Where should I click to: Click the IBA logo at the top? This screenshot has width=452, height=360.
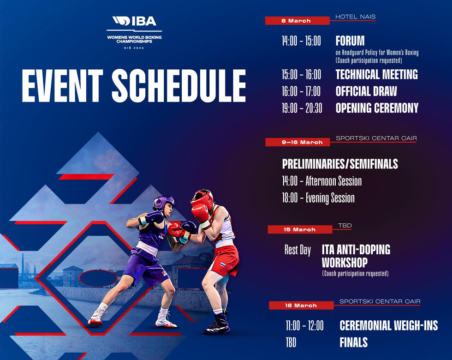[134, 21]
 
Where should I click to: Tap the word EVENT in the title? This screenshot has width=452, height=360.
[62, 86]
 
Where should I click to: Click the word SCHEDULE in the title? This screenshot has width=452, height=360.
[179, 86]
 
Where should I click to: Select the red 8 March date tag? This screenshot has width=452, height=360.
[297, 21]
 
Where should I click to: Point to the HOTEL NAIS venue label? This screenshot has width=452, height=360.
[356, 17]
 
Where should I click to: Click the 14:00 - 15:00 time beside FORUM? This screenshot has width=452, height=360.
[301, 41]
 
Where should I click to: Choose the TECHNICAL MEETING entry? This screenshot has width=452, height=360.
[376, 74]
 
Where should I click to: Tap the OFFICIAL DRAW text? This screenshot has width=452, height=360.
[366, 91]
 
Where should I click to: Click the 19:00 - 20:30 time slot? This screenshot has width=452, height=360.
[302, 108]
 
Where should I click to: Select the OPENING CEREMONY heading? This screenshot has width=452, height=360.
[377, 108]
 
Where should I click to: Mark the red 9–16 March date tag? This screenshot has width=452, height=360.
[297, 142]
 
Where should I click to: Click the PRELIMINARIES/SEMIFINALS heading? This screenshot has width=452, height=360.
[340, 164]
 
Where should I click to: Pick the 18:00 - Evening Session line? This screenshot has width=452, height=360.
[318, 198]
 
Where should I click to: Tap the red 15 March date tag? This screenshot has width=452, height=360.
[300, 230]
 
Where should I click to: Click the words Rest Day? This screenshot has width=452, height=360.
[297, 250]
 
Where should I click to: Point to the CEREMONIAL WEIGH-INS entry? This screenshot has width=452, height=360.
[388, 326]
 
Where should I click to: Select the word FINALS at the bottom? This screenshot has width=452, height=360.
[353, 342]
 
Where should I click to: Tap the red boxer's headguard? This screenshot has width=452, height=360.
[202, 198]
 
